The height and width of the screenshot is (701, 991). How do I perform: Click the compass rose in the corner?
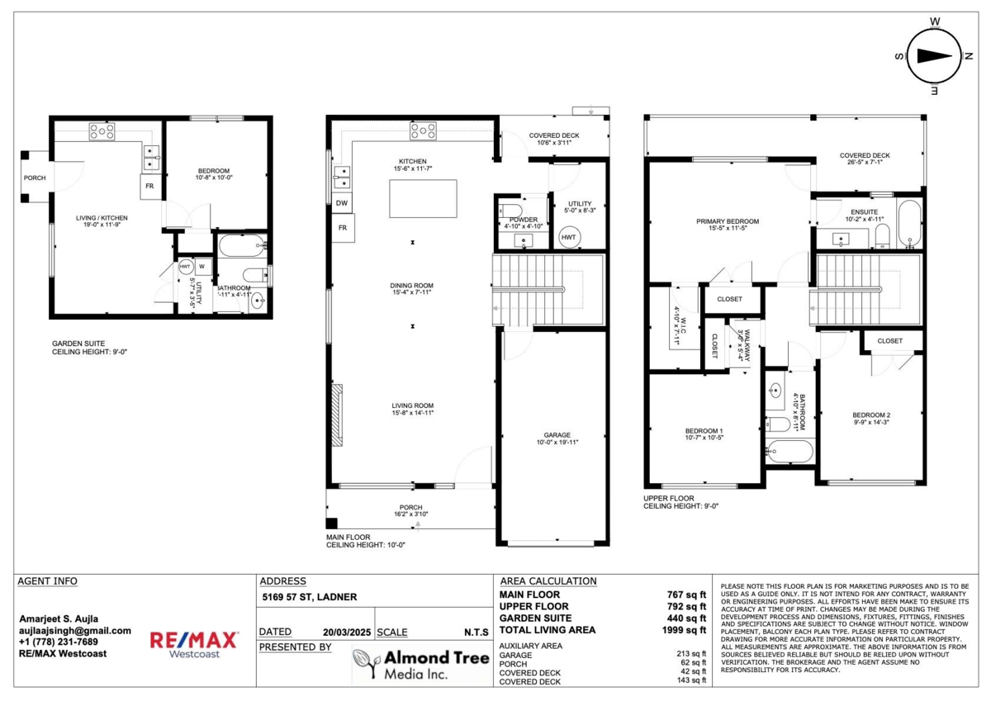934,56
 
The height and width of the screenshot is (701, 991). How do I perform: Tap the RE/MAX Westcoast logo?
194,644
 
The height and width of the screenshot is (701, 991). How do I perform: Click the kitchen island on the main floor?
423,198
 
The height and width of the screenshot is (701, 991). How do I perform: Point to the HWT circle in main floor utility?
569,237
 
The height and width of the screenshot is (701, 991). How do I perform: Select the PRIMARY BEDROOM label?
727,221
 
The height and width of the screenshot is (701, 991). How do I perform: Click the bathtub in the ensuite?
908,223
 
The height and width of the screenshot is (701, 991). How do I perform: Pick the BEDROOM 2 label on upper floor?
871,415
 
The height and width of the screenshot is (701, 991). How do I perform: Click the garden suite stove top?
102,130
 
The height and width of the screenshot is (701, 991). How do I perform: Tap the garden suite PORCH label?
35,178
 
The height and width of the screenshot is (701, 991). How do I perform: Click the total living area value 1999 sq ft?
686,630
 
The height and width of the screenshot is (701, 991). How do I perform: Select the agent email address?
74,631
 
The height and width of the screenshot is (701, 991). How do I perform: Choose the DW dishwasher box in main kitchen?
341,202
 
